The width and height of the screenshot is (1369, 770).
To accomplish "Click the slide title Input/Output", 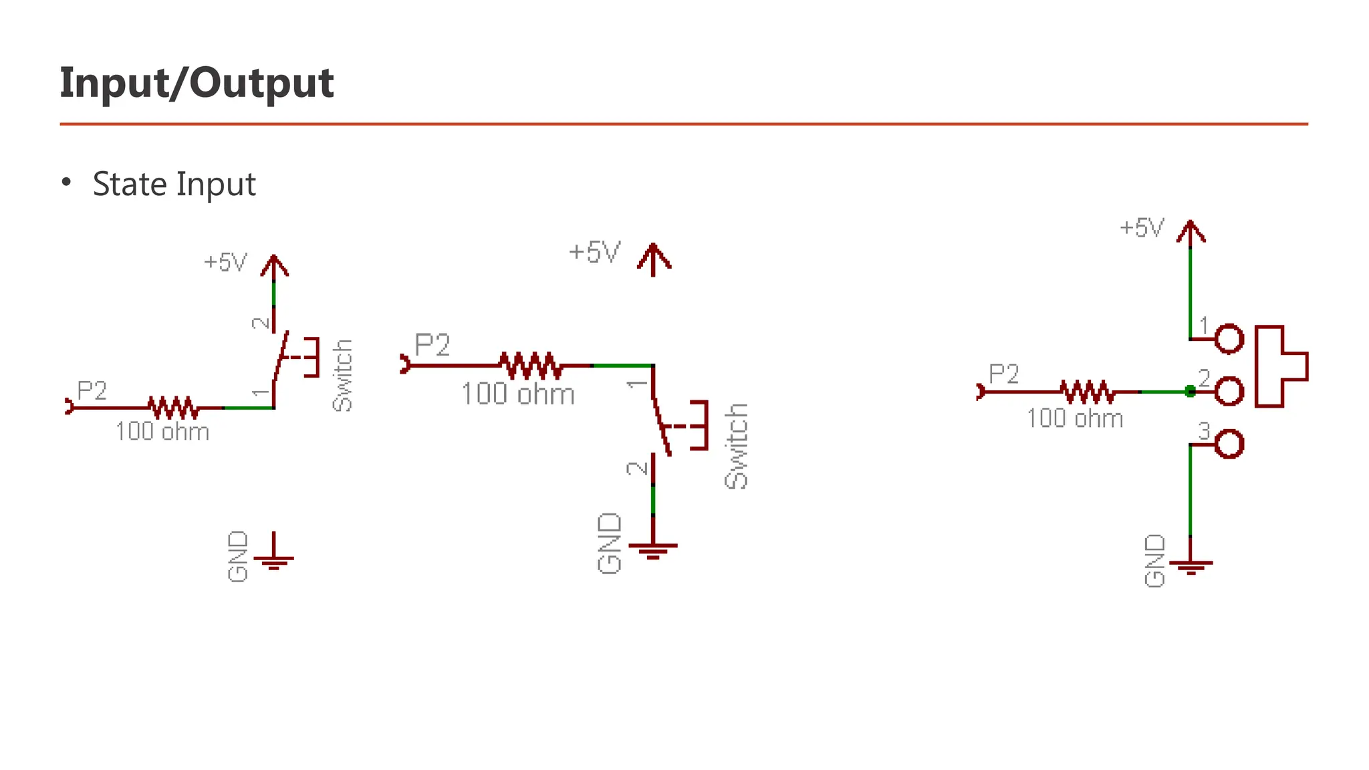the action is (197, 83).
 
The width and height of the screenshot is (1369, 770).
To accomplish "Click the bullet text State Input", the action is (174, 184).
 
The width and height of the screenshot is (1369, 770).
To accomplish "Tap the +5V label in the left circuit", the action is (225, 262).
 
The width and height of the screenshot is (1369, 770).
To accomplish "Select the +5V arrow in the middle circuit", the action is (654, 259).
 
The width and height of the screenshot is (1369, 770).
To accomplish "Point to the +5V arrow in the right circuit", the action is (1191, 233).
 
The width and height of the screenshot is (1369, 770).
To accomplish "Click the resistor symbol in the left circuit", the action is (173, 407).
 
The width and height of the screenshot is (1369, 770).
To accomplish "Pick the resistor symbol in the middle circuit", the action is (531, 366).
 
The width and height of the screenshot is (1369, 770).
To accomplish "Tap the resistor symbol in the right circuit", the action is (1088, 392).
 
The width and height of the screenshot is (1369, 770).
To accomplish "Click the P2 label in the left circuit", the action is (92, 390).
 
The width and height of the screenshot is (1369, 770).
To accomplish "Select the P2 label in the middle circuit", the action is (432, 345).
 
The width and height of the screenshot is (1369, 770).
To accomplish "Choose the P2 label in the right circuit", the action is (1003, 374).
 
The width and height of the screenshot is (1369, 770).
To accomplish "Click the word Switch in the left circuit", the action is (342, 375).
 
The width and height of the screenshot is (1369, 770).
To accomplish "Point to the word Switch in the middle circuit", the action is (736, 446).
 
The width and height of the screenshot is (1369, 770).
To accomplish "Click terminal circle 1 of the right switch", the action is (1229, 339).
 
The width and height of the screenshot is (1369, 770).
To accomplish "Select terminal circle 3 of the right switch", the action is (1229, 444).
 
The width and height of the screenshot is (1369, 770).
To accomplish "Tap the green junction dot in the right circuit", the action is (1190, 391).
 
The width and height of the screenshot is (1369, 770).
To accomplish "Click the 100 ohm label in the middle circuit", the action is (518, 394).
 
